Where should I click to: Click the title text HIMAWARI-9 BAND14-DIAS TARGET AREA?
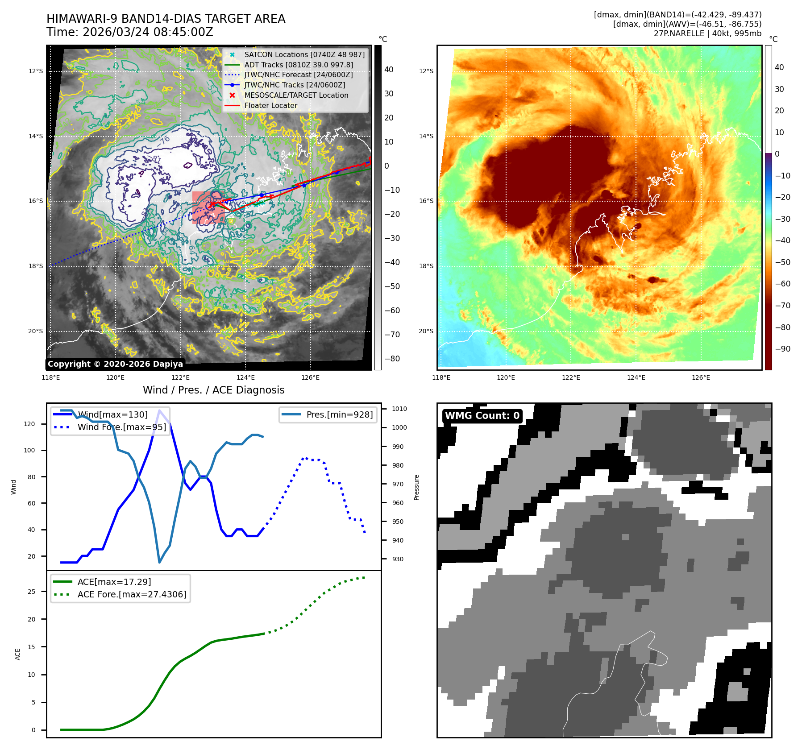pos(166,19)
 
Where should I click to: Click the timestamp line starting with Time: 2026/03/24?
pos(129,32)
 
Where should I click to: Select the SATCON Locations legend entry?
pos(304,54)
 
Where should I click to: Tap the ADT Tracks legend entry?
pos(298,65)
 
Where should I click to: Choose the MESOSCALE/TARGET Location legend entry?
pos(296,95)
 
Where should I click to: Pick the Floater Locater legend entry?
pos(270,105)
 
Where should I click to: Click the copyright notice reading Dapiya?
pos(115,364)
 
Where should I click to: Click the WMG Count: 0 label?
pos(482,416)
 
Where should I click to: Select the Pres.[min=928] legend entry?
pos(339,414)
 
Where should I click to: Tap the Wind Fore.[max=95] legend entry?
pos(121,427)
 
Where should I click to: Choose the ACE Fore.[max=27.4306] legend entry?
pos(132,594)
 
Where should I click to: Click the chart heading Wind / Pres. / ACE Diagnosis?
pos(213,390)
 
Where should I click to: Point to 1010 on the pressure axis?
pos(399,409)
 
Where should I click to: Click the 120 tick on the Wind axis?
pos(29,424)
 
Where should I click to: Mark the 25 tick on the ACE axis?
pos(31,592)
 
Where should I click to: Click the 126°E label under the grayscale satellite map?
pos(310,377)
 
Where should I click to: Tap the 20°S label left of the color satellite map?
pos(426,331)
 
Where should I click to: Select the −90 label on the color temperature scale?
pos(782,349)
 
